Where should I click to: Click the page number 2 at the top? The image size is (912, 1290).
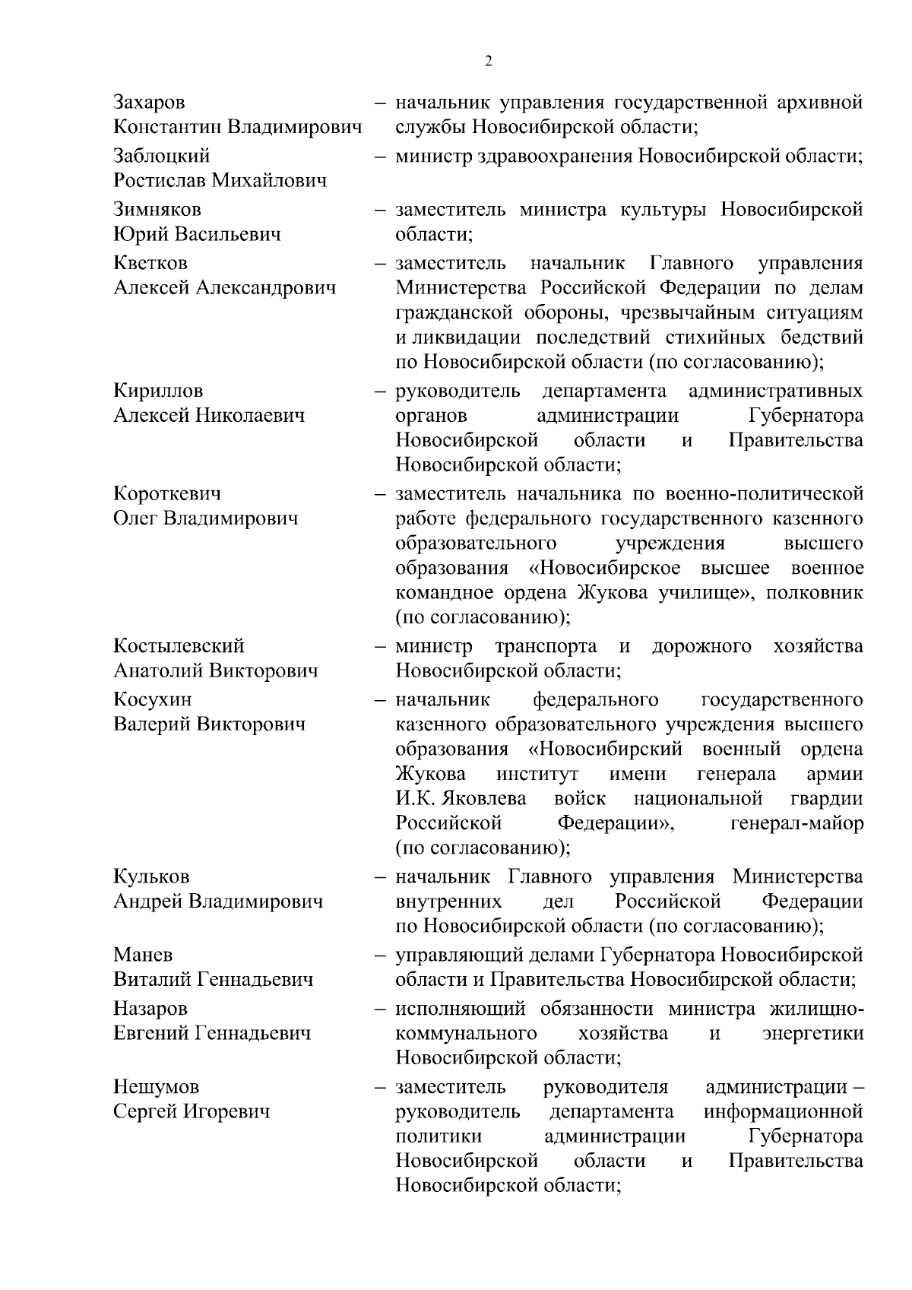point(488,62)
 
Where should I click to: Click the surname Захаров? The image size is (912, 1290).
point(149,102)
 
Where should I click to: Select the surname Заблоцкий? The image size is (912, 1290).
point(162,156)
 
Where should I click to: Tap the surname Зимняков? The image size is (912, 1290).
point(157,209)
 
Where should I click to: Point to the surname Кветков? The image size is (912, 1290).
point(150,263)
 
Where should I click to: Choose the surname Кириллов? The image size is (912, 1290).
point(158,391)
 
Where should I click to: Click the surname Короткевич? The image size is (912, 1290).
point(167,493)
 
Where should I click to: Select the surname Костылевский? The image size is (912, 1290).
point(179,646)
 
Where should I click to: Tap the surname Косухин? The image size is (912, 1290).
point(153,699)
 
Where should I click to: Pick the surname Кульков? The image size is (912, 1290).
point(151,876)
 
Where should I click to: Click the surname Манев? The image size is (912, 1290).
point(143,954)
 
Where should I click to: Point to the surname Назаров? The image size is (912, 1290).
point(150,1008)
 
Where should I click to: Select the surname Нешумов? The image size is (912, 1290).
point(155,1087)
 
